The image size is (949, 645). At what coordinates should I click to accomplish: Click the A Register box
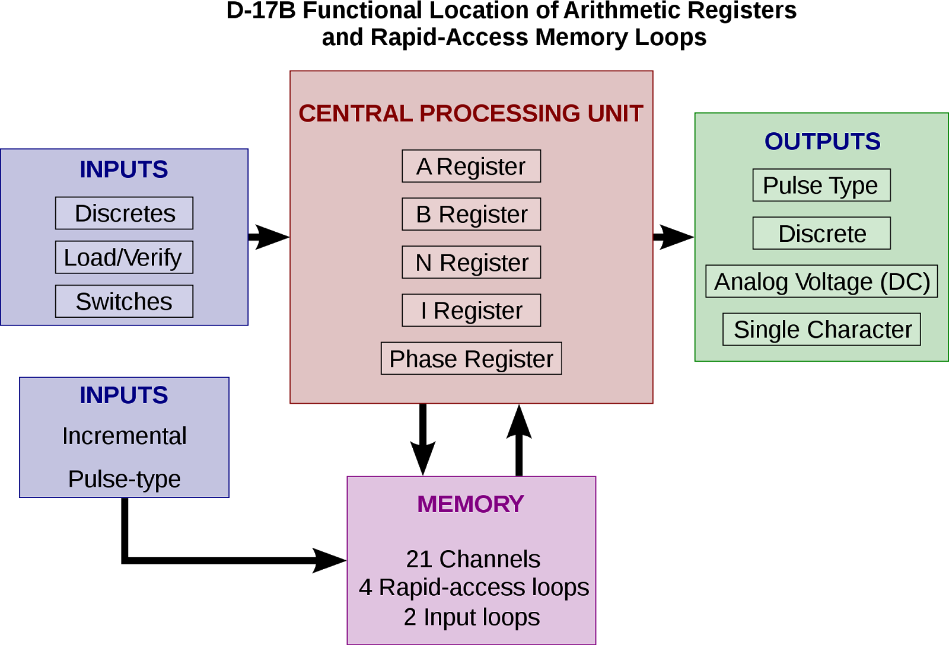point(471,167)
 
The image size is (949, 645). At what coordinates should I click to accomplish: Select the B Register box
point(471,215)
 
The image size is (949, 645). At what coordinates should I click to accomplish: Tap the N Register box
point(471,263)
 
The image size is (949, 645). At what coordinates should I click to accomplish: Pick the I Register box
point(471,311)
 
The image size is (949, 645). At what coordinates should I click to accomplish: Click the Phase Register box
point(471,359)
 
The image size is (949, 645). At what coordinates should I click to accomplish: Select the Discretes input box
point(124,213)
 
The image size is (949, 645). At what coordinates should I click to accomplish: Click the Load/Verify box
point(124,257)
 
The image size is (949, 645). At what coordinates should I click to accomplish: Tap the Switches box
point(124,302)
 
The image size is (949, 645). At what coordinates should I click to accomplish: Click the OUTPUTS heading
point(822,142)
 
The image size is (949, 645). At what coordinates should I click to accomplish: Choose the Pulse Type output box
point(821,186)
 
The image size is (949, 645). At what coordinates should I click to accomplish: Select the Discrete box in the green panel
point(821,234)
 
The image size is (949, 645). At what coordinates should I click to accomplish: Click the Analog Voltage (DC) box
point(821,282)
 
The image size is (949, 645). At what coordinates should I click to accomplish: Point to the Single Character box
point(821,330)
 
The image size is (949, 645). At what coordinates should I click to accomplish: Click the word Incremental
point(124,436)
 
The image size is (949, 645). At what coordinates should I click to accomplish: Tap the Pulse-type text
point(124,479)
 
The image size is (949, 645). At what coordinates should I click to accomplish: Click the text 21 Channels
point(473,559)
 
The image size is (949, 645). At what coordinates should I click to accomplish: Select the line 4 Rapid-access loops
point(473,587)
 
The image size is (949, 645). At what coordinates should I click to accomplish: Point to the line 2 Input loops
point(472,617)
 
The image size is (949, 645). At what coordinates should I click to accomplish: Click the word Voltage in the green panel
point(834,282)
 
